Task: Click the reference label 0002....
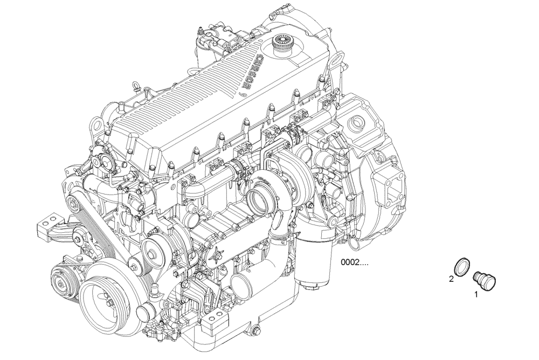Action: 354,263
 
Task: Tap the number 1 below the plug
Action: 476,294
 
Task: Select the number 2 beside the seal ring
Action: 452,279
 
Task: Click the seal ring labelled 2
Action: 462,266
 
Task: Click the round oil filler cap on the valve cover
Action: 281,41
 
